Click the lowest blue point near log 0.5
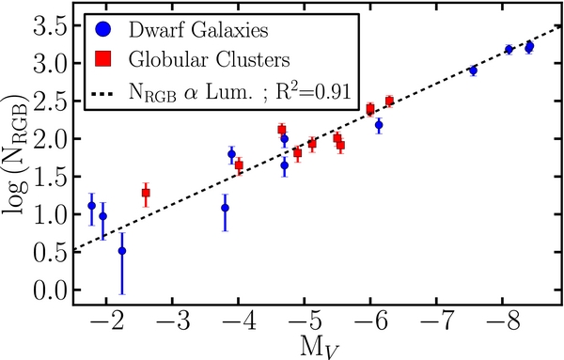(x=122, y=251)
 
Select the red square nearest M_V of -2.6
(x=146, y=193)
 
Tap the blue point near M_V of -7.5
(x=473, y=70)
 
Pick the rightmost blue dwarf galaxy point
(x=529, y=46)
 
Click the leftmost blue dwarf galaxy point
(x=91, y=206)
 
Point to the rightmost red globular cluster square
(x=389, y=101)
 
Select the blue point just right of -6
(x=379, y=124)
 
